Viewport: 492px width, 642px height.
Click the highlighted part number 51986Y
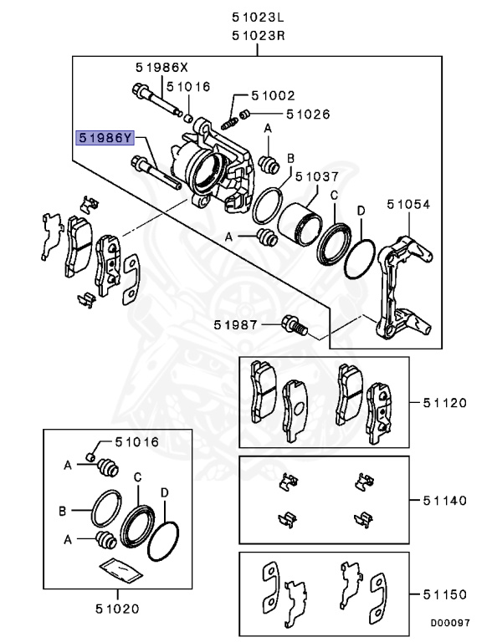[x=105, y=137]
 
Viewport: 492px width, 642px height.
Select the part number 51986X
[x=164, y=67]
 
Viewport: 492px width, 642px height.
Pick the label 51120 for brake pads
[x=443, y=402]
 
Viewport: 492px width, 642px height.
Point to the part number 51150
[x=443, y=594]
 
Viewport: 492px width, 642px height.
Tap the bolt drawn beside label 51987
[x=297, y=325]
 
